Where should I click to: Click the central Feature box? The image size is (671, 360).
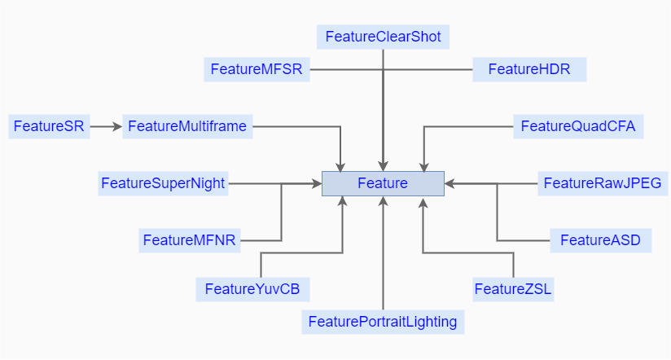383,183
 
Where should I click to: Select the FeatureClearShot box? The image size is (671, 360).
383,37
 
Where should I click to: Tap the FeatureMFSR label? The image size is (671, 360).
257,69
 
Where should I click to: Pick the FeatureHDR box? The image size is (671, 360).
528,69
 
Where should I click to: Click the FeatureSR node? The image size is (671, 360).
49,126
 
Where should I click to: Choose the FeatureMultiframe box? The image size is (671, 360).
187,126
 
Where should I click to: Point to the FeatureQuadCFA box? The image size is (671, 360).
578,126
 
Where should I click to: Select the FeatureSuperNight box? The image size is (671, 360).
163,183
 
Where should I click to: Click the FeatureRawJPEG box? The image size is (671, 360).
603,183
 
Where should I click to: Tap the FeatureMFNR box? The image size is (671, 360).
190,240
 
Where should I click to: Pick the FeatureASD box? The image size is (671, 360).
601,240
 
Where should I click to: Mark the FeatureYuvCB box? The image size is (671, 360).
252,289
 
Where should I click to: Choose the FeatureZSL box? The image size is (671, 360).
513,289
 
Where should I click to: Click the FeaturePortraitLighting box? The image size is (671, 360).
383,322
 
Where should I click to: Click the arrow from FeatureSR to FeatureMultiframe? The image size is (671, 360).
106,126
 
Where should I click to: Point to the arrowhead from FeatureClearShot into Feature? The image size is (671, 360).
383,165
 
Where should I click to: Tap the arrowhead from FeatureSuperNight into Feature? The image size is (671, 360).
316,184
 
